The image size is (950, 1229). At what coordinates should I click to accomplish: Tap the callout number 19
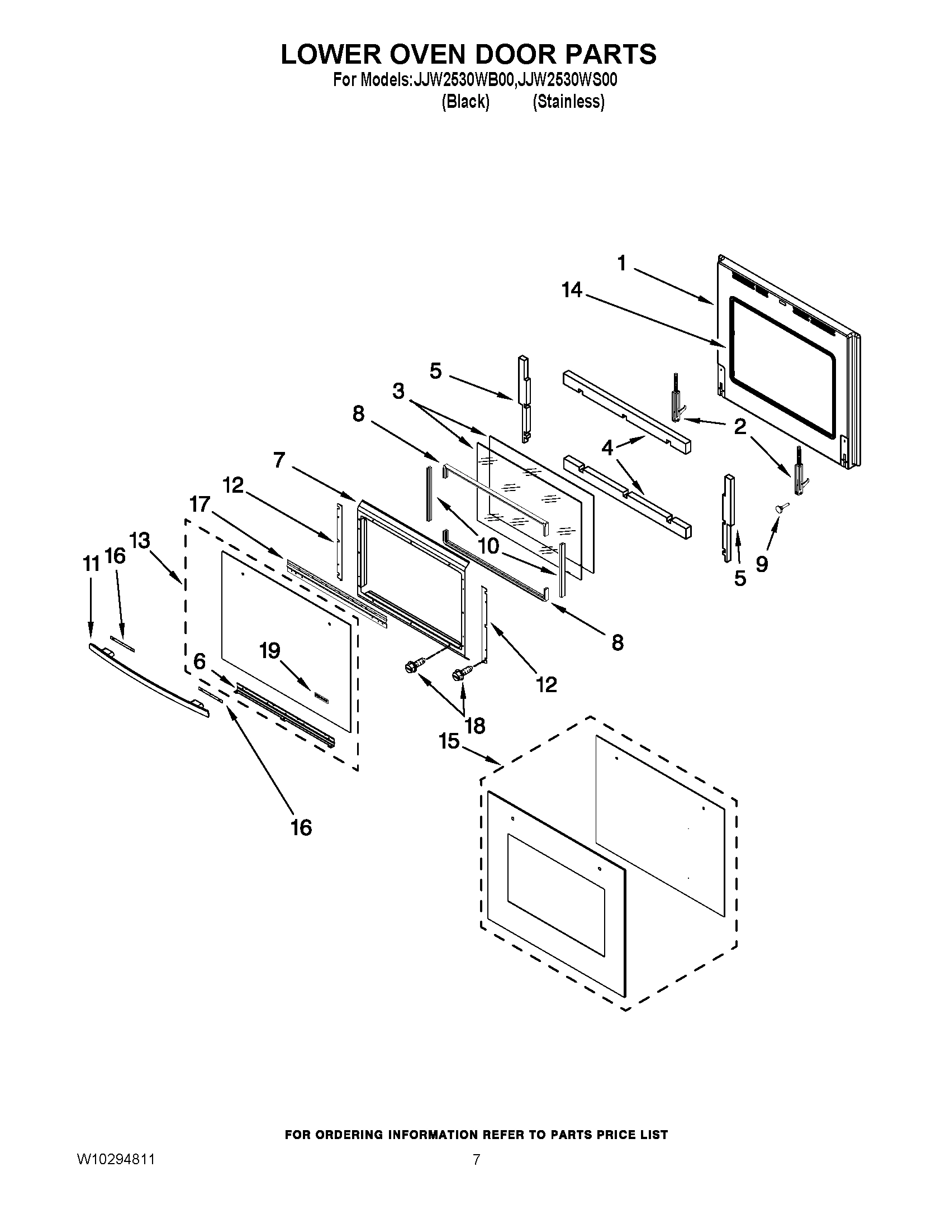(269, 651)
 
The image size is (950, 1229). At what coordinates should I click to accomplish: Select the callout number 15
(449, 741)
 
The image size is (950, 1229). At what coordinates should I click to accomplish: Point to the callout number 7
(279, 460)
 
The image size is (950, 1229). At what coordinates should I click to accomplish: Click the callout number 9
(762, 563)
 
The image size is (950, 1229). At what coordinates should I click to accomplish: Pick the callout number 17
(199, 504)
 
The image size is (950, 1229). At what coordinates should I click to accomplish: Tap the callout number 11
(91, 563)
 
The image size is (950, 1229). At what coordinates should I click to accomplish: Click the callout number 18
(476, 726)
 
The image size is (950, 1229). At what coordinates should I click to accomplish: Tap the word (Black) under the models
(465, 102)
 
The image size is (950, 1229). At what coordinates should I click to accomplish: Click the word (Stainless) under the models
(568, 102)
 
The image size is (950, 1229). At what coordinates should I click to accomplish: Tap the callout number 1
(621, 263)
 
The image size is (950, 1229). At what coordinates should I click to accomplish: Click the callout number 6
(199, 662)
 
